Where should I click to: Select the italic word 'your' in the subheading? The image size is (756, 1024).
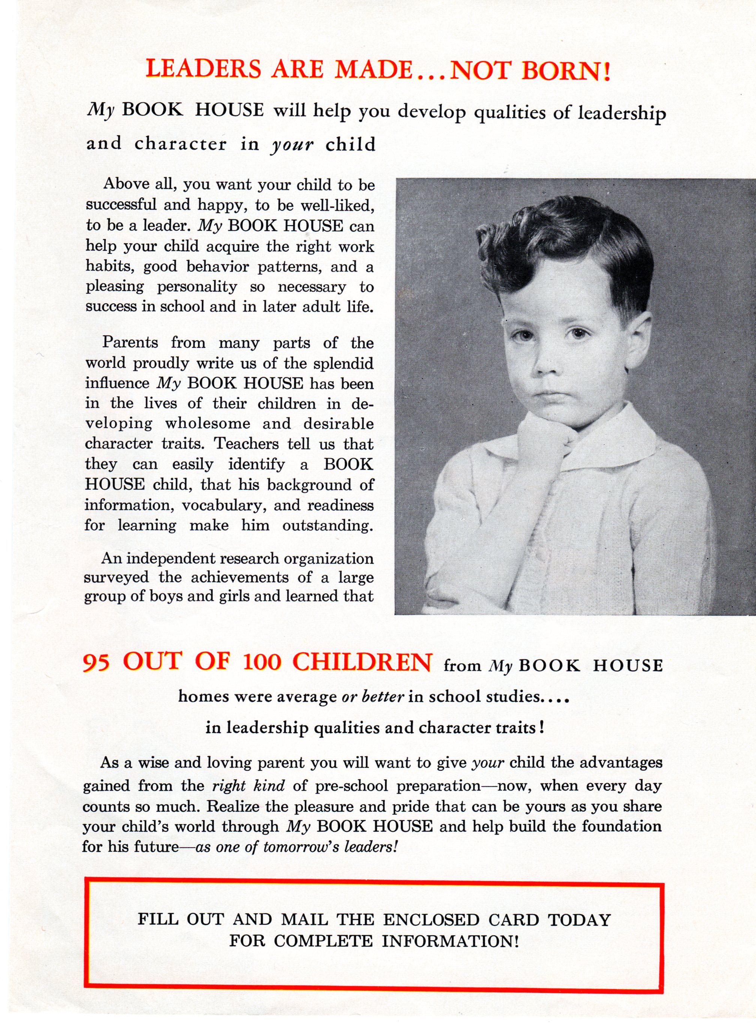(x=292, y=145)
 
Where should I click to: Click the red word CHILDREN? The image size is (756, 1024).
(x=361, y=662)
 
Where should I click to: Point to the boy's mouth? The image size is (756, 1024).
(x=550, y=394)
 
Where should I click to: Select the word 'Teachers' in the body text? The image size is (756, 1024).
(x=247, y=444)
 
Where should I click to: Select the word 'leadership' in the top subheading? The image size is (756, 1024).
(x=621, y=112)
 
